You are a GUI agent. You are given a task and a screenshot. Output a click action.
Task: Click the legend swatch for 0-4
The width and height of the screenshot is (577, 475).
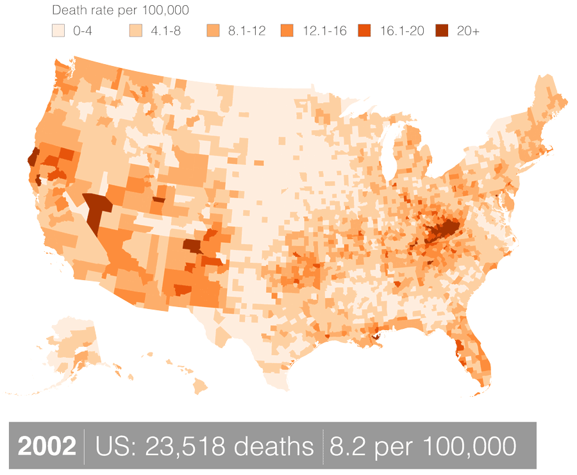[x=58, y=30]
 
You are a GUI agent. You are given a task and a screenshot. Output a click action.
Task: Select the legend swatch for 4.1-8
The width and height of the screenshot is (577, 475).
[x=136, y=30]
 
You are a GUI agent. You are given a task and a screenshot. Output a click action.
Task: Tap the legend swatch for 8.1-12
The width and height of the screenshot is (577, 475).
[x=213, y=30]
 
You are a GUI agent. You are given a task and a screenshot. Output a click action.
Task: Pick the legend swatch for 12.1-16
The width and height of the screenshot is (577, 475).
[x=287, y=30]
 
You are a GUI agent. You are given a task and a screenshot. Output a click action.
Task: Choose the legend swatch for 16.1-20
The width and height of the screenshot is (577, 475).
[x=365, y=30]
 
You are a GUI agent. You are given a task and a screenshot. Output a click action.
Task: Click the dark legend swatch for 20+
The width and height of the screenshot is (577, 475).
[x=442, y=30]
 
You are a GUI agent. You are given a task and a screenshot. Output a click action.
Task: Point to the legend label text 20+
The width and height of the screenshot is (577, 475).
[x=468, y=30]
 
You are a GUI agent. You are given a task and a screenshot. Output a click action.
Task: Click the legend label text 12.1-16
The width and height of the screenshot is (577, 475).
[x=324, y=30]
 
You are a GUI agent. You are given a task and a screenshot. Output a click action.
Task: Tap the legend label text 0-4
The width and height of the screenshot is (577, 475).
[x=83, y=30]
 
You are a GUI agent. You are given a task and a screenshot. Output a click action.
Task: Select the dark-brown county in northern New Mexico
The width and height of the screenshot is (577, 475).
[x=191, y=245]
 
